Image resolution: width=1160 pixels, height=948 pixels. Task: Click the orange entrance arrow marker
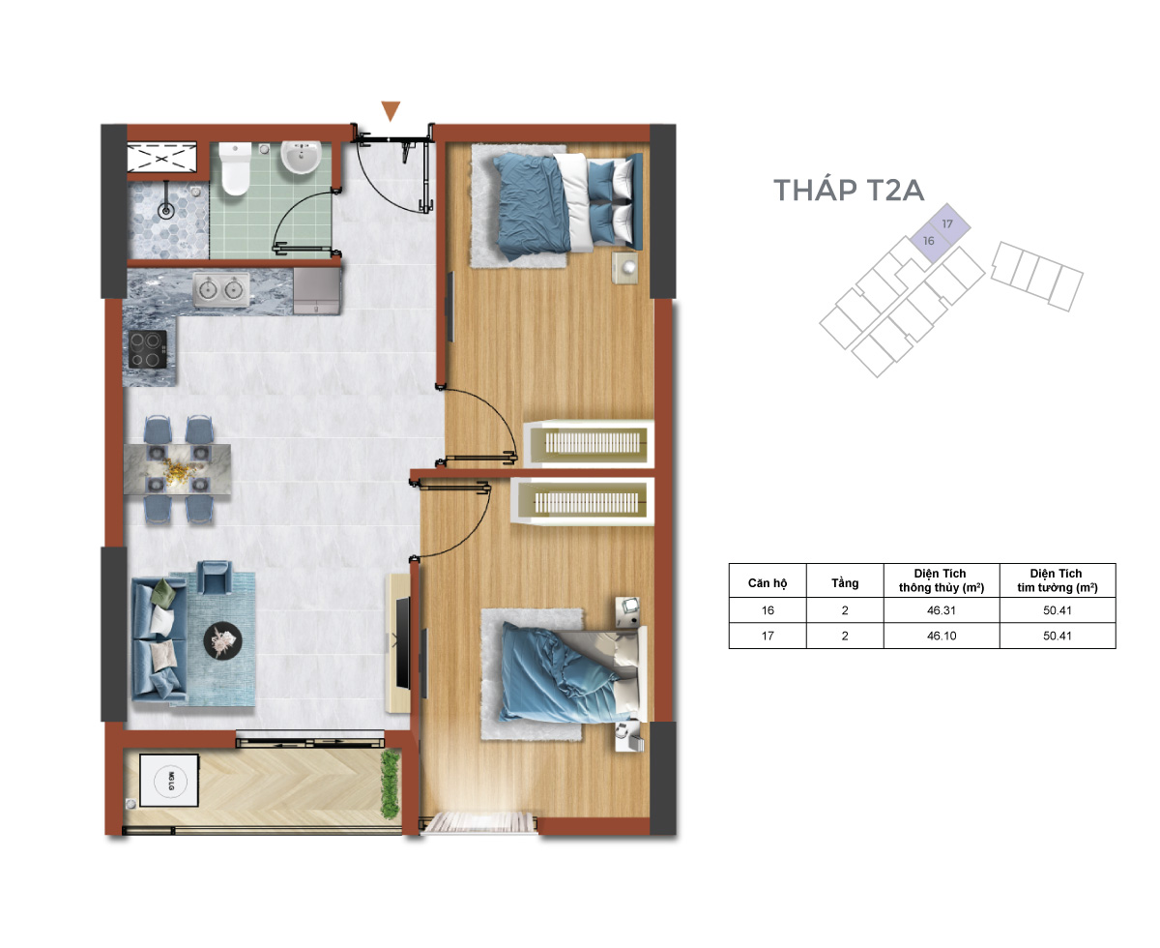coord(391,110)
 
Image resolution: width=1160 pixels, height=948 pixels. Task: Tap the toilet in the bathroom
coord(236,168)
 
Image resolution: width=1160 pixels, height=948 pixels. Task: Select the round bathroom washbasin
coord(301,157)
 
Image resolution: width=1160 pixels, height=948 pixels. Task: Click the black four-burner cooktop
coord(147,349)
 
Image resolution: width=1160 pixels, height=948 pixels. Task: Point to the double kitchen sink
coord(220,288)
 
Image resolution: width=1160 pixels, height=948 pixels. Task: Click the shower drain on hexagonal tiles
coord(165,210)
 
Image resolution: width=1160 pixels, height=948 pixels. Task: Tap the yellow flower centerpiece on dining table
coord(178,472)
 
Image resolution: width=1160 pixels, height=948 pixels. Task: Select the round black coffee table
coord(222,640)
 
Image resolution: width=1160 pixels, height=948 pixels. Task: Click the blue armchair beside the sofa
coord(214,577)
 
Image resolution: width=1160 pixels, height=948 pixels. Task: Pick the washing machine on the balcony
coord(169,780)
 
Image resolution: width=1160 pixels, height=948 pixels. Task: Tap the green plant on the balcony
coord(390,784)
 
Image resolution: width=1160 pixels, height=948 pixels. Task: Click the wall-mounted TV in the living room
coord(403,642)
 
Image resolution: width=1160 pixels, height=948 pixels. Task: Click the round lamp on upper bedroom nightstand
coord(628,268)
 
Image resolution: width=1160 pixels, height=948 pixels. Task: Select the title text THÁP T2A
coord(849,189)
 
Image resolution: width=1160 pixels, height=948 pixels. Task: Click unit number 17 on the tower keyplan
coord(946,223)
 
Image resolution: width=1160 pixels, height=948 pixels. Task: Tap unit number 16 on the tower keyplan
coord(928,241)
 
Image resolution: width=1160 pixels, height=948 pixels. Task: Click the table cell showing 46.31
coord(942,610)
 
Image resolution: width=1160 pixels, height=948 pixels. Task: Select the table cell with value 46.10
coord(942,636)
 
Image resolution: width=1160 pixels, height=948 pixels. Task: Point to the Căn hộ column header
coord(768,582)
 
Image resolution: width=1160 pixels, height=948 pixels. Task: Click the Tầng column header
coord(845,582)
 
